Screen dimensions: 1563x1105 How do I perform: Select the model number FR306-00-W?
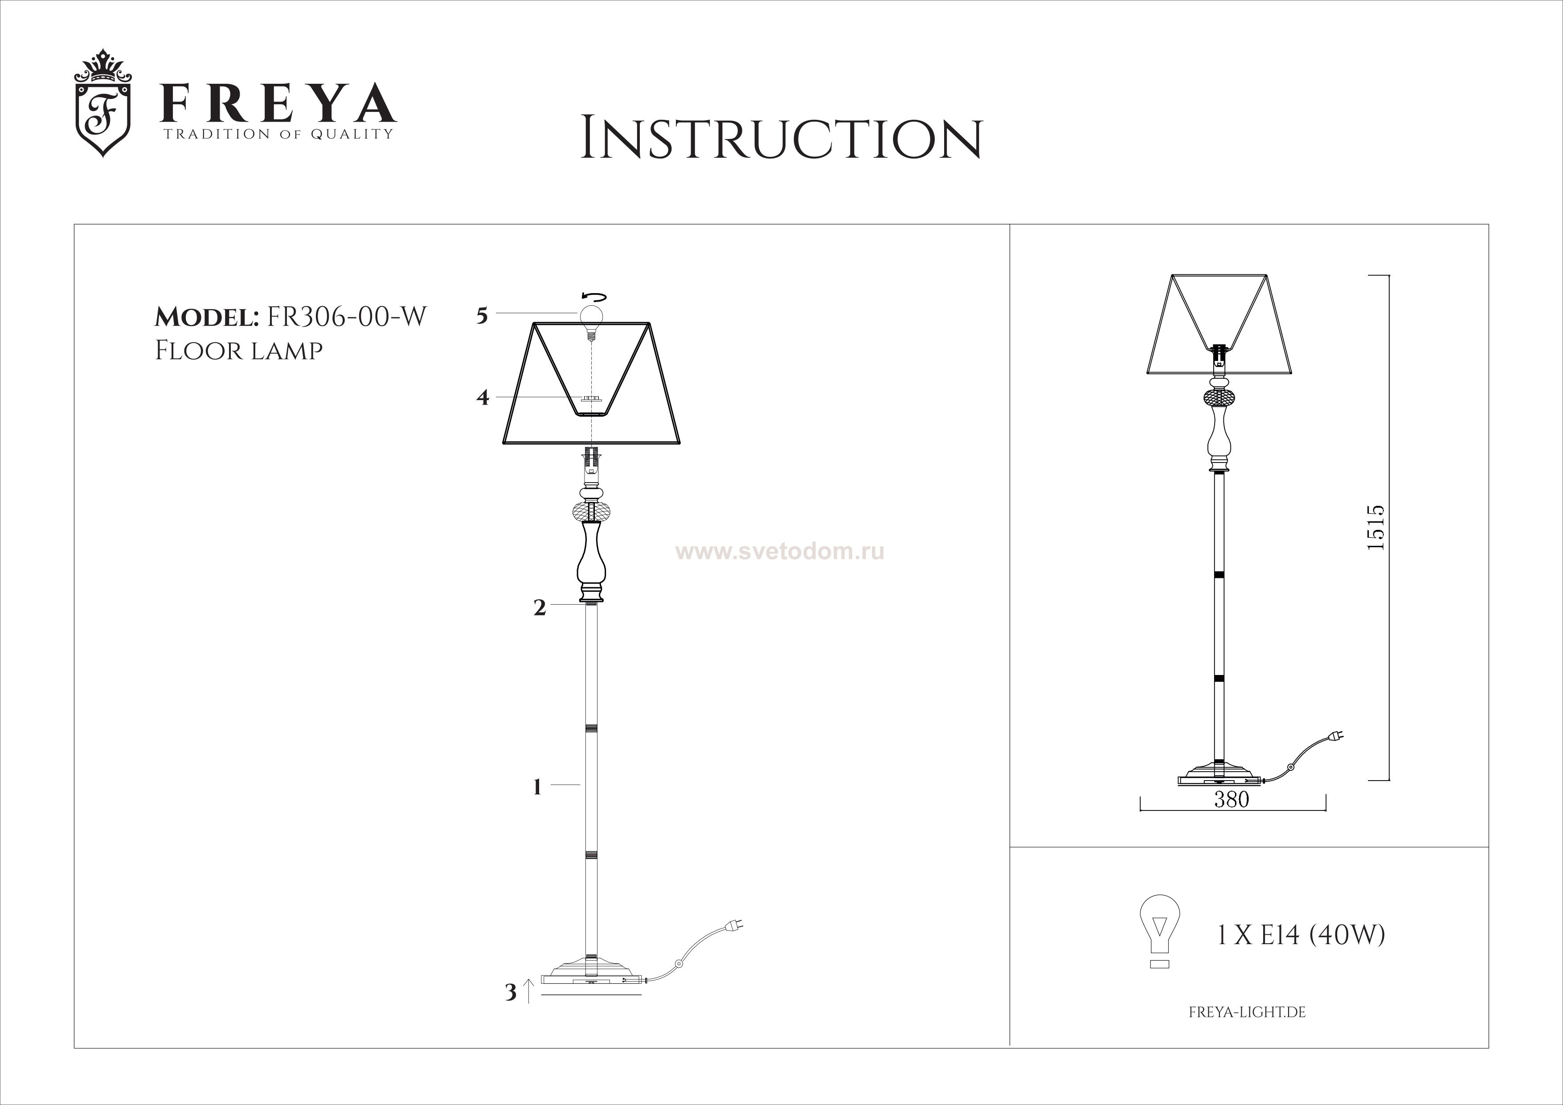347,317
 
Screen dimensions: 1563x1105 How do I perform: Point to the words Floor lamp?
238,351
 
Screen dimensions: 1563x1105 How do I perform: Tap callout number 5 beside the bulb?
482,316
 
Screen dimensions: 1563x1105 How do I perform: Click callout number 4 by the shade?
483,397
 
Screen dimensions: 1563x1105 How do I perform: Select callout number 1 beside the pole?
537,788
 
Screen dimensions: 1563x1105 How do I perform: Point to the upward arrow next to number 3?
530,990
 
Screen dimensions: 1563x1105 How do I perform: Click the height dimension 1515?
1375,528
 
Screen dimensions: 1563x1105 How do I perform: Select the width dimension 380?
1232,799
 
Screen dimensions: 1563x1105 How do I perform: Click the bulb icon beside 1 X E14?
1160,931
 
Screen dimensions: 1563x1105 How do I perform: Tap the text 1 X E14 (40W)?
1300,936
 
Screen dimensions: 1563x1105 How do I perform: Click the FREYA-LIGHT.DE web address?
1247,1012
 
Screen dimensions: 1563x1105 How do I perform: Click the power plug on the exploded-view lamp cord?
735,925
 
